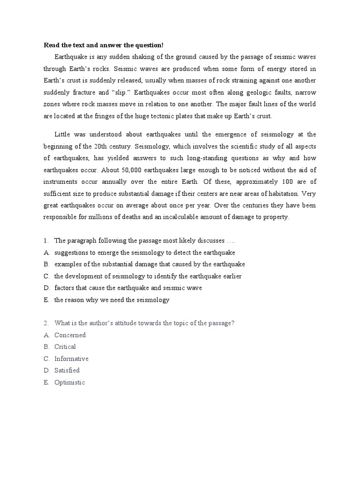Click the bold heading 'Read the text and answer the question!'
104,45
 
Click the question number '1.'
46,240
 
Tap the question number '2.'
46,323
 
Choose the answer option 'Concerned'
70,335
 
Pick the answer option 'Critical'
65,346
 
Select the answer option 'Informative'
71,359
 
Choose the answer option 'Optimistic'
69,382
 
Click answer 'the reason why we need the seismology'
112,300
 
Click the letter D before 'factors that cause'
46,288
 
